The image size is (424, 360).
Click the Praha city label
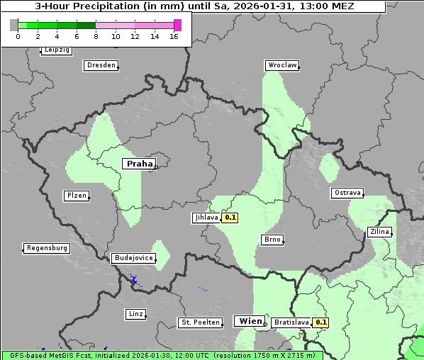(139, 164)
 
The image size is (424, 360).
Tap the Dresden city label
(101, 65)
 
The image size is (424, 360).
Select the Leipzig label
(57, 50)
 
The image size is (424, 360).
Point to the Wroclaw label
(282, 65)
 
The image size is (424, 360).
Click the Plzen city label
(77, 196)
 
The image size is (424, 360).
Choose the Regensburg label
(47, 248)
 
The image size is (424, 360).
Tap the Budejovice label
(133, 258)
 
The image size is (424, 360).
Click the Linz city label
(135, 313)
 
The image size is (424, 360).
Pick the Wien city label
(250, 321)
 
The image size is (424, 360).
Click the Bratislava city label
(291, 322)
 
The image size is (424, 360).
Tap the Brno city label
(273, 240)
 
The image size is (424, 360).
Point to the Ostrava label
(347, 193)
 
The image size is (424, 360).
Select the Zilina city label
(379, 232)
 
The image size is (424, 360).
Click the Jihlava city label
(206, 218)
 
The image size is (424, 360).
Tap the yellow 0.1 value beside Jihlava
(230, 218)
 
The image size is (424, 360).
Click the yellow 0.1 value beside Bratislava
(321, 322)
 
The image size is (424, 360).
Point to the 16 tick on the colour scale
(174, 36)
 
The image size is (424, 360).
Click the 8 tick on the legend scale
(96, 36)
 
